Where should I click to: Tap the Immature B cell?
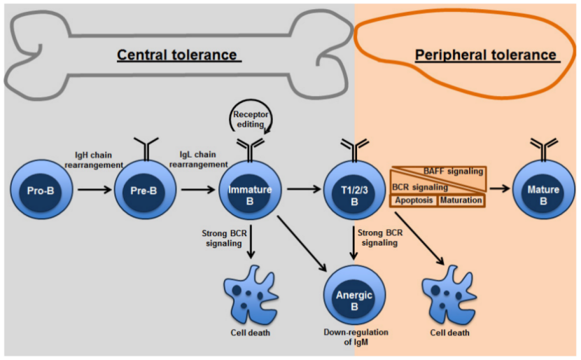click(249, 189)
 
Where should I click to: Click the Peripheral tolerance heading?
click(485, 55)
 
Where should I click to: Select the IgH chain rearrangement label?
click(99, 159)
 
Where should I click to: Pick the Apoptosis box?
click(414, 200)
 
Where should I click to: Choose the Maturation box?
click(461, 200)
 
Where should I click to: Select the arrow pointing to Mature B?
click(498, 188)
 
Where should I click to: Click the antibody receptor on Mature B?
click(544, 147)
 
